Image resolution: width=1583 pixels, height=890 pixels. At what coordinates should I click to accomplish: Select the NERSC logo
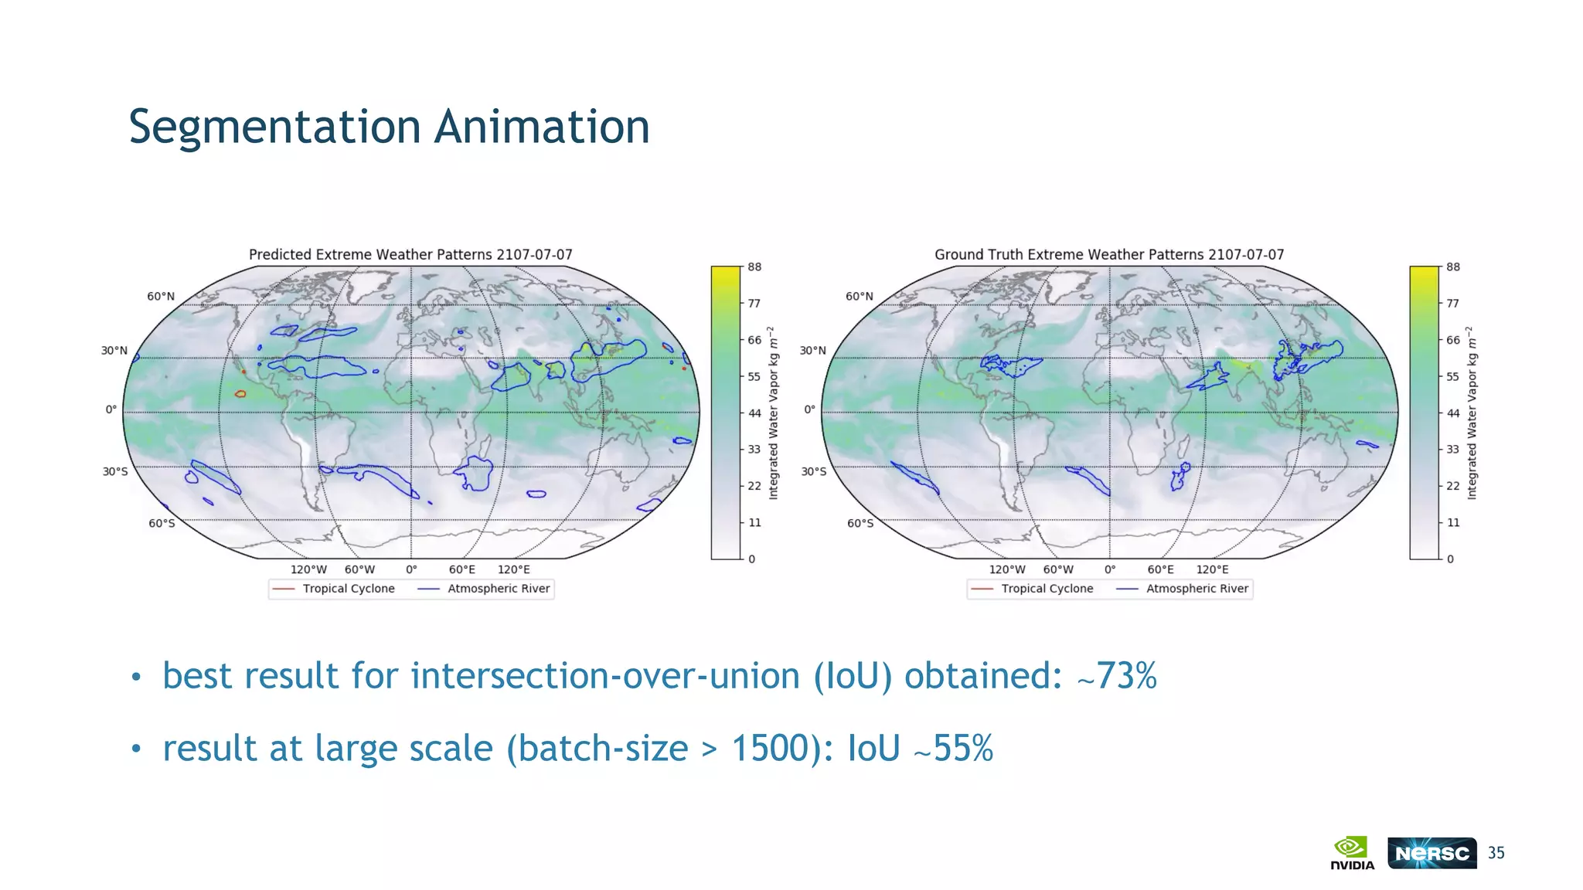[1432, 853]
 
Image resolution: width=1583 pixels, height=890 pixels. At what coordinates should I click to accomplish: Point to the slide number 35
[1496, 853]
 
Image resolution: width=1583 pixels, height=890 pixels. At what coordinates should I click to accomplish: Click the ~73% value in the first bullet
[1117, 676]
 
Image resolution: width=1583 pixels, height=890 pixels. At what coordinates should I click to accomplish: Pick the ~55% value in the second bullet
[953, 749]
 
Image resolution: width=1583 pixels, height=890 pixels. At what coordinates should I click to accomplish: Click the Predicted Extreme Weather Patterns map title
[410, 254]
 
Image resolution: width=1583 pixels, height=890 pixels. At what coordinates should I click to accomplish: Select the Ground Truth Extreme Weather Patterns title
[1109, 254]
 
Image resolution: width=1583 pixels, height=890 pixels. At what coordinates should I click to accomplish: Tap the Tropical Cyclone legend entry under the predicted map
[348, 589]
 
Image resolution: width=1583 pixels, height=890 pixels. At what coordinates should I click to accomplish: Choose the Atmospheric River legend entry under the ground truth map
[1197, 589]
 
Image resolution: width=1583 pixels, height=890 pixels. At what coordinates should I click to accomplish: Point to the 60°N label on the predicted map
[161, 297]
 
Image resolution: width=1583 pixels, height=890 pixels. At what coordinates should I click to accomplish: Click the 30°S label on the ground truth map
[813, 471]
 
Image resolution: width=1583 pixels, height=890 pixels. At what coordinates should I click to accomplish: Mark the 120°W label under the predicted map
[308, 569]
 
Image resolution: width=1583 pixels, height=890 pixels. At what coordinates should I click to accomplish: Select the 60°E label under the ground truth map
[1160, 569]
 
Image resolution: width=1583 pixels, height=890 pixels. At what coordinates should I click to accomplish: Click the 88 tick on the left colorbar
[754, 267]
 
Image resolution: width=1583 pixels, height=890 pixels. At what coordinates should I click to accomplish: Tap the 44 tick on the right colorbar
[1453, 413]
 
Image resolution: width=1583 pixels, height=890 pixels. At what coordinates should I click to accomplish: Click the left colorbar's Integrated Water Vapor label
[773, 413]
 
